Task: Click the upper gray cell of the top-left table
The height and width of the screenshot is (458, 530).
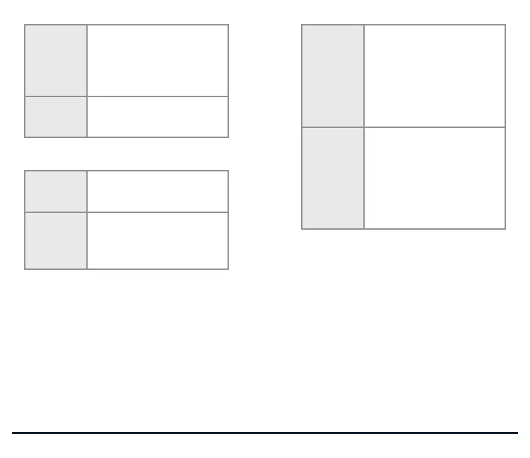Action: pyautogui.click(x=56, y=61)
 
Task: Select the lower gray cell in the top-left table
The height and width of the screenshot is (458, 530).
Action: pyautogui.click(x=56, y=117)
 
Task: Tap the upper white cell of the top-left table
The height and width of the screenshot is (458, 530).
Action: pyautogui.click(x=158, y=61)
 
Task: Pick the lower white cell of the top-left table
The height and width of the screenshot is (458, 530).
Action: pyautogui.click(x=158, y=117)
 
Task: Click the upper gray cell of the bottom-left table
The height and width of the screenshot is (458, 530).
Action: pyautogui.click(x=56, y=192)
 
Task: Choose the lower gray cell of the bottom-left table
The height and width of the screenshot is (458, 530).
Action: pyautogui.click(x=56, y=240)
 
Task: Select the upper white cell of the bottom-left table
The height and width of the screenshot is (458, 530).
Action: pyautogui.click(x=158, y=192)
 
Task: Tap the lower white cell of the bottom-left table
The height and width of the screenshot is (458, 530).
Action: pyautogui.click(x=158, y=240)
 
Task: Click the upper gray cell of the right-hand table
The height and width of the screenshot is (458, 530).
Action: pyautogui.click(x=333, y=76)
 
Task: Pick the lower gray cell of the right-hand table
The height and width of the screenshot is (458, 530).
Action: pyautogui.click(x=333, y=178)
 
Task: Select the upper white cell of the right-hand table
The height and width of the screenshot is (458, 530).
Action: pyautogui.click(x=435, y=76)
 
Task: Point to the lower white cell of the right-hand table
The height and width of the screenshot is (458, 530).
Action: pyautogui.click(x=435, y=178)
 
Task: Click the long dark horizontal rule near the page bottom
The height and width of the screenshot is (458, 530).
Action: pyautogui.click(x=265, y=433)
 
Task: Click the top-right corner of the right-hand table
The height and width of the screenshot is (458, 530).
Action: pyautogui.click(x=505, y=25)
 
